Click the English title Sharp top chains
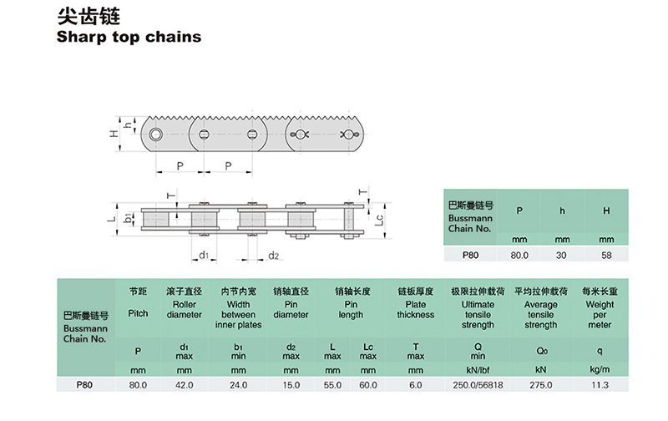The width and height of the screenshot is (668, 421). [129, 37]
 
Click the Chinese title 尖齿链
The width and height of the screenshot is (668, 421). [80, 15]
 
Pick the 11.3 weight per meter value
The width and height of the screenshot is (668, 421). [599, 385]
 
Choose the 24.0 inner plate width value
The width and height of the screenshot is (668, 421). [239, 385]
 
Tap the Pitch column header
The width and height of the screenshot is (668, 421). [139, 313]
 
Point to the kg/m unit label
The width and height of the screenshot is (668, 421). [599, 368]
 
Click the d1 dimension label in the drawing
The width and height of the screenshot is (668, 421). [203, 255]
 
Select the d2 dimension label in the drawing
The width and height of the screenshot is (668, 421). [273, 255]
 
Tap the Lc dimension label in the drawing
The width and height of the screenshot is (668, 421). [378, 221]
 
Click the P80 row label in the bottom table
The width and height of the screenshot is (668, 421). [83, 385]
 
